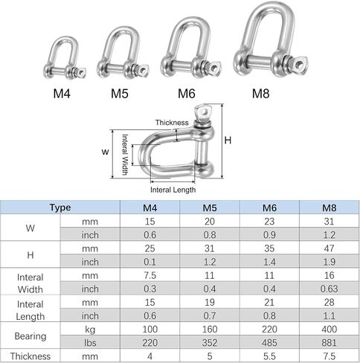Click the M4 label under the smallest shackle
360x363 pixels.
click(62, 94)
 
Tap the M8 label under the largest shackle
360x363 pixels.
click(260, 94)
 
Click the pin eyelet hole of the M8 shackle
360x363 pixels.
click(300, 64)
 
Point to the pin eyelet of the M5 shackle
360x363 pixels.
click(144, 71)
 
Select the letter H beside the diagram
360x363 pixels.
click(228, 141)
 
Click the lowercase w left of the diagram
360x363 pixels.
click(105, 152)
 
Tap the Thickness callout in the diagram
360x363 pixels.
click(172, 123)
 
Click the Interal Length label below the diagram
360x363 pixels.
click(173, 190)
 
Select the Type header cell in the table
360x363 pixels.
click(60, 208)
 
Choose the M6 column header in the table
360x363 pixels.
click(269, 208)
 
